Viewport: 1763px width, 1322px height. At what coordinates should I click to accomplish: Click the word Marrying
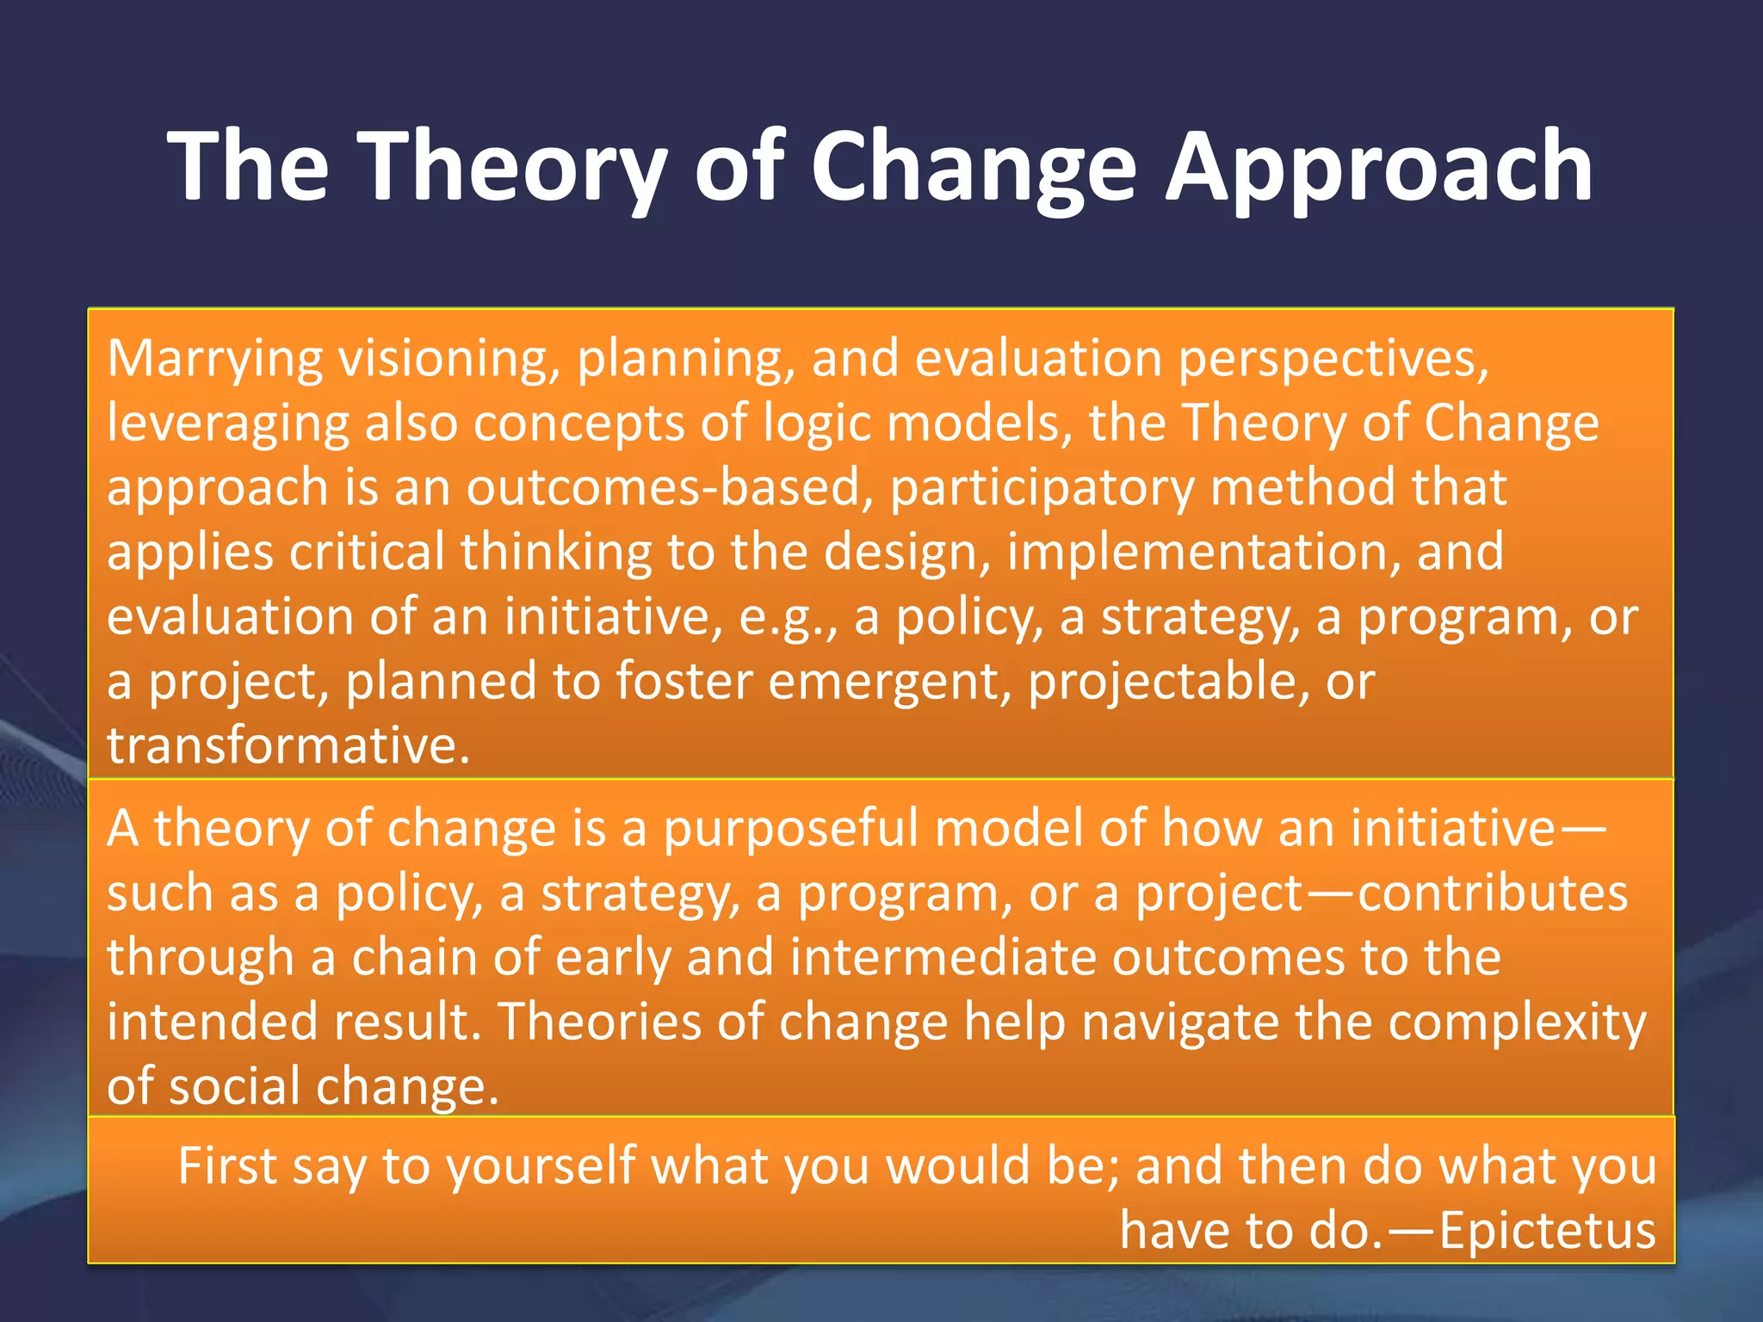click(214, 358)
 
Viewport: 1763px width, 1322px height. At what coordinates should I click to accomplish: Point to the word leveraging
click(228, 423)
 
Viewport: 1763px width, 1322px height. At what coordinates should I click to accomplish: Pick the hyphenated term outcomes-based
click(664, 487)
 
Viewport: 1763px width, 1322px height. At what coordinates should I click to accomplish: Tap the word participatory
click(1042, 487)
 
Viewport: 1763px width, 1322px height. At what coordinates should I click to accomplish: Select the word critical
click(367, 552)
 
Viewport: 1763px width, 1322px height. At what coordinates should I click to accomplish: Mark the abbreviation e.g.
click(786, 618)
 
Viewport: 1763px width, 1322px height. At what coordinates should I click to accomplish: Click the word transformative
click(288, 745)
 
